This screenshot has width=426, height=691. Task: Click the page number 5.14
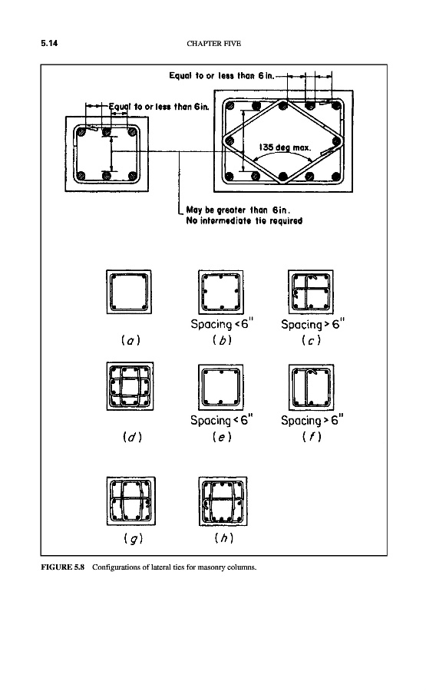click(49, 43)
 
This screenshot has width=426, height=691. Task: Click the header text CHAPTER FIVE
click(213, 43)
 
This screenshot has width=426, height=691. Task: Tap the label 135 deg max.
click(285, 147)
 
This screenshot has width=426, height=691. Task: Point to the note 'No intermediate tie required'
click(244, 221)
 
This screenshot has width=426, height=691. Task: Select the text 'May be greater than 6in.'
click(238, 210)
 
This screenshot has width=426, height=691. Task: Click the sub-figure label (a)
click(130, 340)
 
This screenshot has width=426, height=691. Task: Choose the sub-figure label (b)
click(222, 340)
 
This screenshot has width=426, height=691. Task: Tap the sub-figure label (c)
click(311, 340)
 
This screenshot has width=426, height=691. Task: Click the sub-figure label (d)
click(132, 437)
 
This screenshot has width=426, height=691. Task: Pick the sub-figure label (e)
click(222, 437)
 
